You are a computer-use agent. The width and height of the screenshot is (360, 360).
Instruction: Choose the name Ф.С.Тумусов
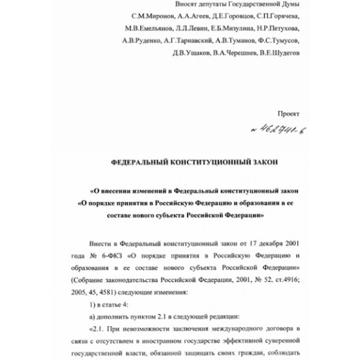[x=277, y=41]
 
